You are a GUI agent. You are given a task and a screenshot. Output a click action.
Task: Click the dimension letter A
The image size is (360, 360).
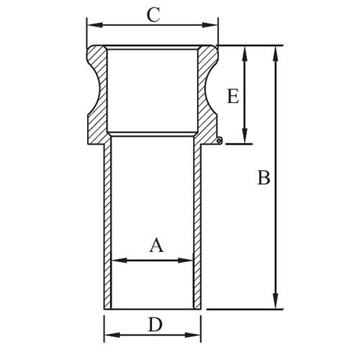click(x=156, y=245)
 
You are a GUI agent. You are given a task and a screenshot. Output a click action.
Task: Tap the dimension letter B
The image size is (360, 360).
click(x=264, y=178)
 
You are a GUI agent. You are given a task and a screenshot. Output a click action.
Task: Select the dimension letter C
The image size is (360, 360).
click(x=153, y=14)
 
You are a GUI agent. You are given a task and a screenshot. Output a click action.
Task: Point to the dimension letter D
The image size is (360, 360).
click(x=154, y=325)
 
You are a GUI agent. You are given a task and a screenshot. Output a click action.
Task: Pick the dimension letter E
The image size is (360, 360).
click(x=232, y=96)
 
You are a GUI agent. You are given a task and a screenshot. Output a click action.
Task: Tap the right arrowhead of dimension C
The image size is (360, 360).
click(x=215, y=25)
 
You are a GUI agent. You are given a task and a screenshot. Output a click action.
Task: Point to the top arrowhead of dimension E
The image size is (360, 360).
click(x=246, y=50)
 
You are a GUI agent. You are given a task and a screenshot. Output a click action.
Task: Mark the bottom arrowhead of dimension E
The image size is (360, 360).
click(x=246, y=139)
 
